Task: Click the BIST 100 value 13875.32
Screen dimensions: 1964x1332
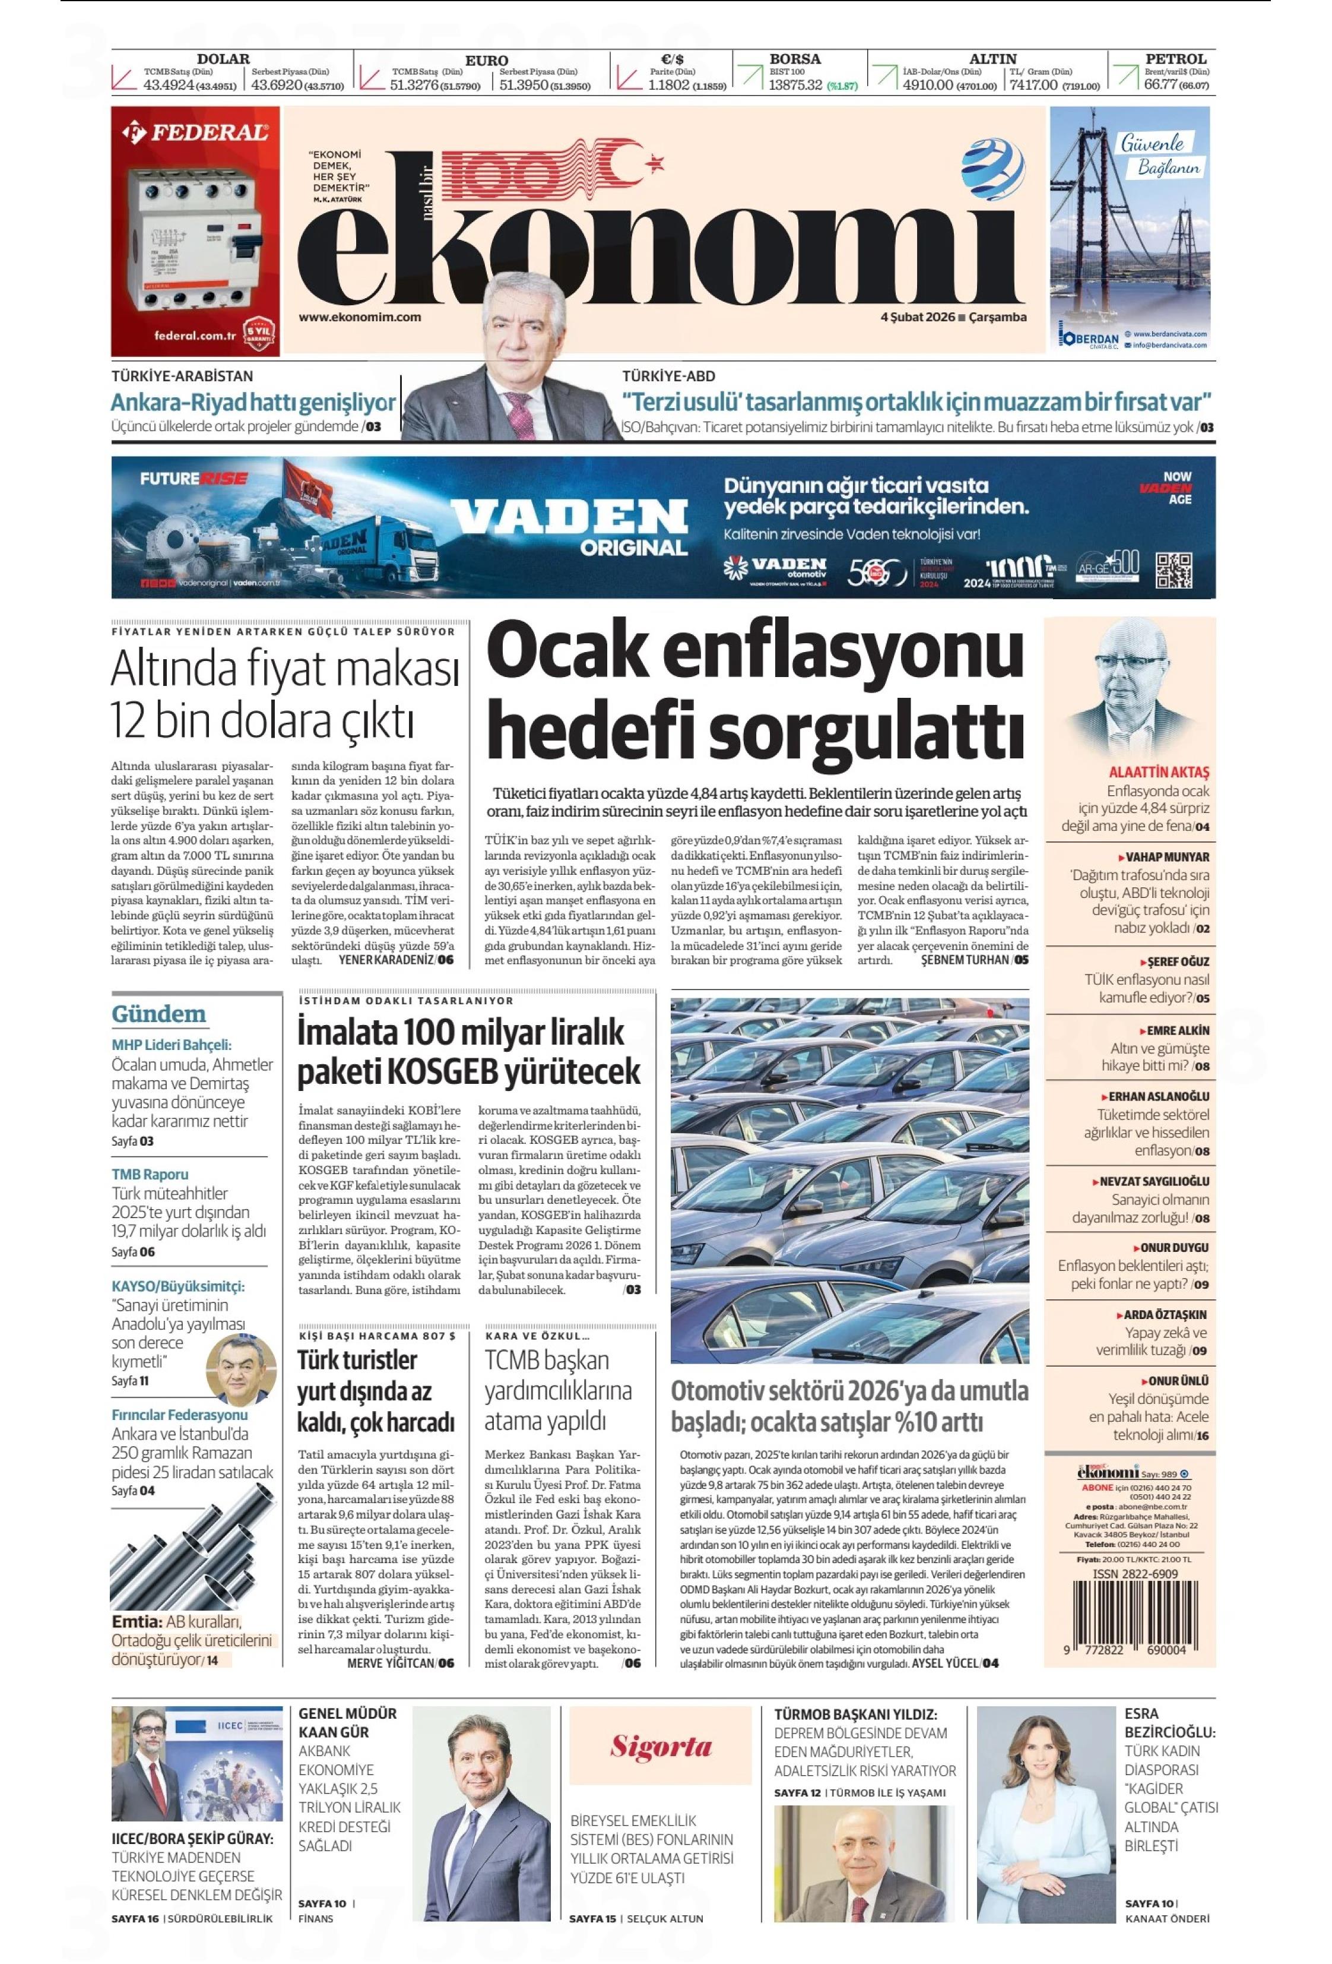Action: [x=794, y=86]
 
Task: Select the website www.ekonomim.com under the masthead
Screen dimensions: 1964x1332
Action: [x=359, y=317]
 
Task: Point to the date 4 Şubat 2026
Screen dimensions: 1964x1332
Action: [x=916, y=317]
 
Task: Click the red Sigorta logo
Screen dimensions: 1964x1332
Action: [x=661, y=1746]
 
